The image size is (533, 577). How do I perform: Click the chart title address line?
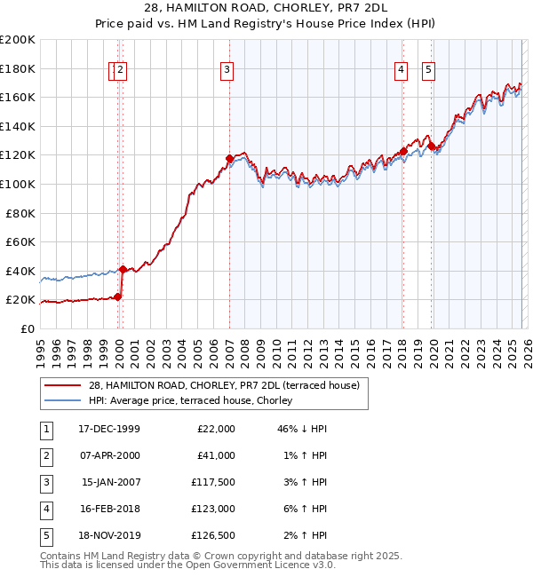pos(266,10)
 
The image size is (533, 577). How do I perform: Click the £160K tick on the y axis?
pos(18,97)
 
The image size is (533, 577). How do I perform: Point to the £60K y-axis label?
pos(20,241)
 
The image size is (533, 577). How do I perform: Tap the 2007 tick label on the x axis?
pos(229,346)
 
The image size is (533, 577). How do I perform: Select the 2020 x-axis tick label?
pos(433,346)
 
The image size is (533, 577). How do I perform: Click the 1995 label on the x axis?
pos(41,346)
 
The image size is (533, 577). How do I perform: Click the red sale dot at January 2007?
pos(229,159)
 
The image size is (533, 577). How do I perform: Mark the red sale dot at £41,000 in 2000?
pos(123,269)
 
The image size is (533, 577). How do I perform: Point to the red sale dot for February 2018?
pos(403,151)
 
